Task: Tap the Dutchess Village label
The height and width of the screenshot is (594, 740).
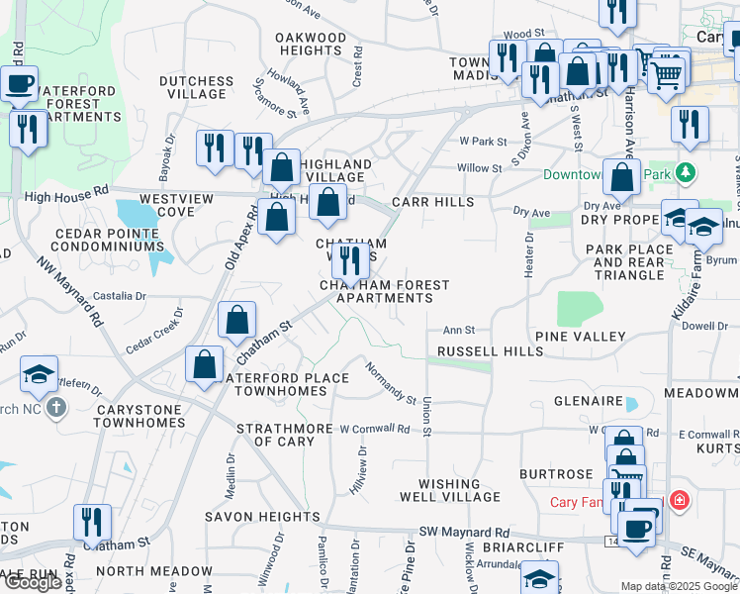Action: click(196, 87)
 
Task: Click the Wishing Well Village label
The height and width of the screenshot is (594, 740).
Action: click(440, 490)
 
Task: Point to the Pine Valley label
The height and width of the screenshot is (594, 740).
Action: click(581, 337)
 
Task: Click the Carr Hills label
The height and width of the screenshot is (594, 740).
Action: click(432, 202)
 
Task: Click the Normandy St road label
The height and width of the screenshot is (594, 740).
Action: click(390, 383)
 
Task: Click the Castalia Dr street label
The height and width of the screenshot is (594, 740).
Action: click(119, 295)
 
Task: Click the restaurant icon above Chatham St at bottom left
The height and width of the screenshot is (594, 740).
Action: click(92, 521)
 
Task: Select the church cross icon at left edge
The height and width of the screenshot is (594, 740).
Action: click(56, 407)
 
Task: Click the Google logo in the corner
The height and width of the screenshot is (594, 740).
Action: click(33, 582)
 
